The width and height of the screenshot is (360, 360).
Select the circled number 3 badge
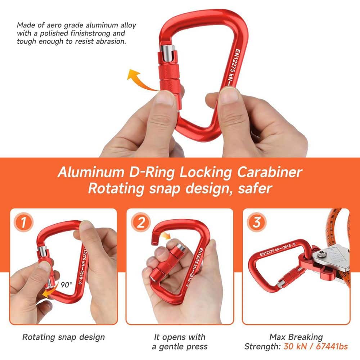coord(257,222)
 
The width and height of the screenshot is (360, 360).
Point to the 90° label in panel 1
coord(66,284)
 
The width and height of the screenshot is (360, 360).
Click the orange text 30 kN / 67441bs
coord(316,346)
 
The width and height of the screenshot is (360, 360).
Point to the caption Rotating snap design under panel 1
coord(63,337)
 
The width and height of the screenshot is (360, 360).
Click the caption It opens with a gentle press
coord(180,342)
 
